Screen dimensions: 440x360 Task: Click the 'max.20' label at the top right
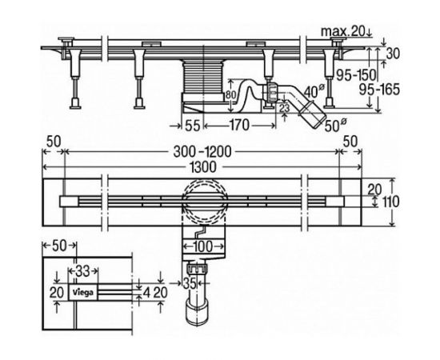click(x=343, y=31)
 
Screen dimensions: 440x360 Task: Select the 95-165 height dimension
click(x=379, y=90)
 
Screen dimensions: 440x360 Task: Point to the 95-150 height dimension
click(x=356, y=75)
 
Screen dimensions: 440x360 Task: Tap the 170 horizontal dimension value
click(x=240, y=125)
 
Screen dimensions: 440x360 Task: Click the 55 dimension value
click(x=193, y=126)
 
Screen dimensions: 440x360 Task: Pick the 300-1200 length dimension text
click(x=202, y=152)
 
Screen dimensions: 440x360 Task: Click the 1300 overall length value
click(x=203, y=167)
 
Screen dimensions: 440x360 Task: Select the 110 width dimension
click(x=390, y=202)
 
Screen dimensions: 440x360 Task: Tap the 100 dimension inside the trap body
click(x=203, y=246)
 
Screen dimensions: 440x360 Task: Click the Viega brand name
click(x=83, y=293)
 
